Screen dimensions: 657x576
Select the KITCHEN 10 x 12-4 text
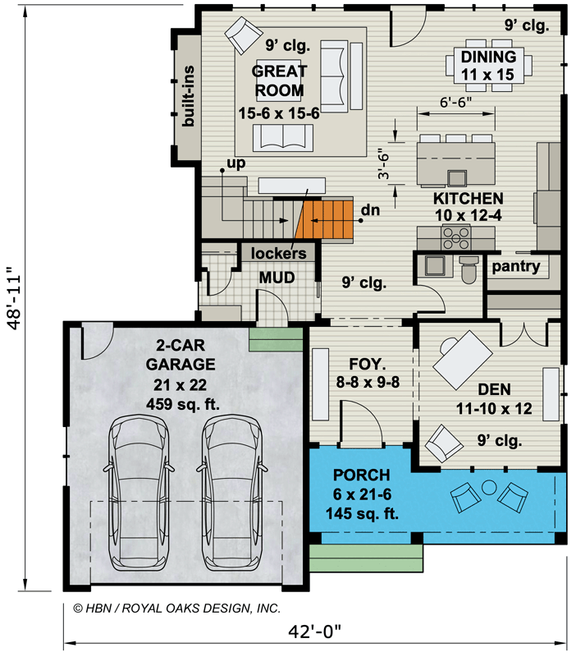pos(469,207)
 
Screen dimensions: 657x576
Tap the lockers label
pos(279,253)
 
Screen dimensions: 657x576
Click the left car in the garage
pos(142,493)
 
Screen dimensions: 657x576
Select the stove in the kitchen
pos(456,238)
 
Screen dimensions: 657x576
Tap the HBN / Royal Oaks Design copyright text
pos(177,609)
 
